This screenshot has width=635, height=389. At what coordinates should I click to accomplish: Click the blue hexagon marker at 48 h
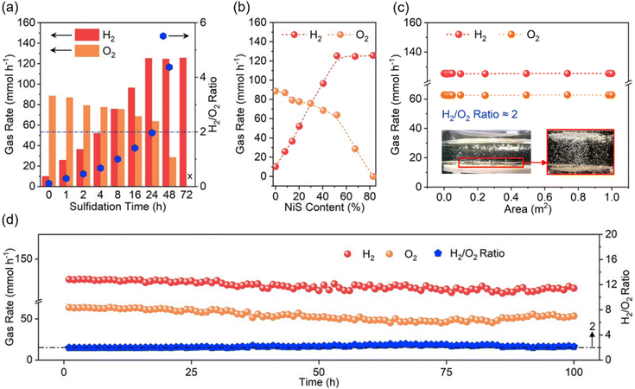tap(169, 67)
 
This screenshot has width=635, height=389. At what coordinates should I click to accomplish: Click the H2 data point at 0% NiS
tap(276, 166)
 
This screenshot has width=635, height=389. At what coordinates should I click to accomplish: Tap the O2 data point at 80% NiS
tap(372, 176)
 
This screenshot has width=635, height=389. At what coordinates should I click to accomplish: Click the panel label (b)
tap(227, 8)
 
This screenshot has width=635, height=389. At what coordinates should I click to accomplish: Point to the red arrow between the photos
tap(533, 160)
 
